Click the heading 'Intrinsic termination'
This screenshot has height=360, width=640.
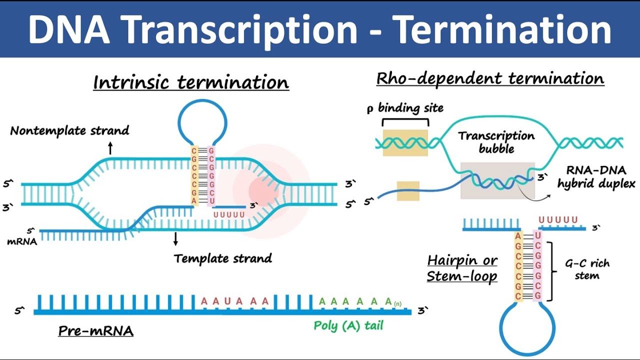click(191, 82)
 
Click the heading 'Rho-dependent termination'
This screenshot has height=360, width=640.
click(490, 78)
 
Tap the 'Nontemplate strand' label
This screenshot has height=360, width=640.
click(69, 131)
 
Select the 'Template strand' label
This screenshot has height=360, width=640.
click(223, 258)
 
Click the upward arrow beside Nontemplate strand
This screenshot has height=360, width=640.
click(110, 147)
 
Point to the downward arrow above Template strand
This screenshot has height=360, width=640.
click(175, 238)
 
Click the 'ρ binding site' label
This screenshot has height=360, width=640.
click(405, 108)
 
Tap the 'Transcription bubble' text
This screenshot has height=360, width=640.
click(496, 142)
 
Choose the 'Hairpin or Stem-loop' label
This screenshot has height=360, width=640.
click(462, 268)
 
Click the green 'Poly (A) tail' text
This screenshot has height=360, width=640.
click(348, 325)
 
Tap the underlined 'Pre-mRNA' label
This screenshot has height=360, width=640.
click(96, 331)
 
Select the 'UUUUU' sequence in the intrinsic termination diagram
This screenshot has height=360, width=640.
click(229, 214)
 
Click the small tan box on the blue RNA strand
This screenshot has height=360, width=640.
click(408, 191)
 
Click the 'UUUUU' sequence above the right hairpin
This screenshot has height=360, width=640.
click(558, 219)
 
